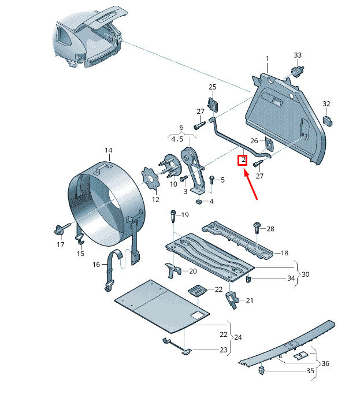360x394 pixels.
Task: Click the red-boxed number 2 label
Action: coord(243,160)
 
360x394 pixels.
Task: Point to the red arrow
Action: coord(250,185)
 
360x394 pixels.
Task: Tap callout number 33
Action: coord(298,55)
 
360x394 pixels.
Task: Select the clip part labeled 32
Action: coord(327,121)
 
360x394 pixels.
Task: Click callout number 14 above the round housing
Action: coord(109,150)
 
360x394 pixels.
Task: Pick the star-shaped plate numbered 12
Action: coord(151,179)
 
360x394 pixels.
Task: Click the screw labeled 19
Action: coord(173,217)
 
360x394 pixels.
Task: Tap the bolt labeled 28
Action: coord(257,228)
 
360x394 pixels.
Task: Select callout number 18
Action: coord(284,253)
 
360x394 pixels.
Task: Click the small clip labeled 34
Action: coord(248,279)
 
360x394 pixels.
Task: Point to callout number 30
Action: coord(305,274)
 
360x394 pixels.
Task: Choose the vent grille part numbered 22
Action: coord(198,291)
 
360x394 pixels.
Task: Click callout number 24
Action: coord(238,337)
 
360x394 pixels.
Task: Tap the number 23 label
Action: coord(224,350)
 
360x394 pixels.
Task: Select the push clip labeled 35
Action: coord(262,370)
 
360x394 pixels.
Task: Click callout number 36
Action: coord(325,363)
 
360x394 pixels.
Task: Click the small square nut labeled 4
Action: coord(199,202)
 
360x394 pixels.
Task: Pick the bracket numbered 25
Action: coord(213,104)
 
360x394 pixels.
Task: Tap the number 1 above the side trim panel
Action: coord(267,59)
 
